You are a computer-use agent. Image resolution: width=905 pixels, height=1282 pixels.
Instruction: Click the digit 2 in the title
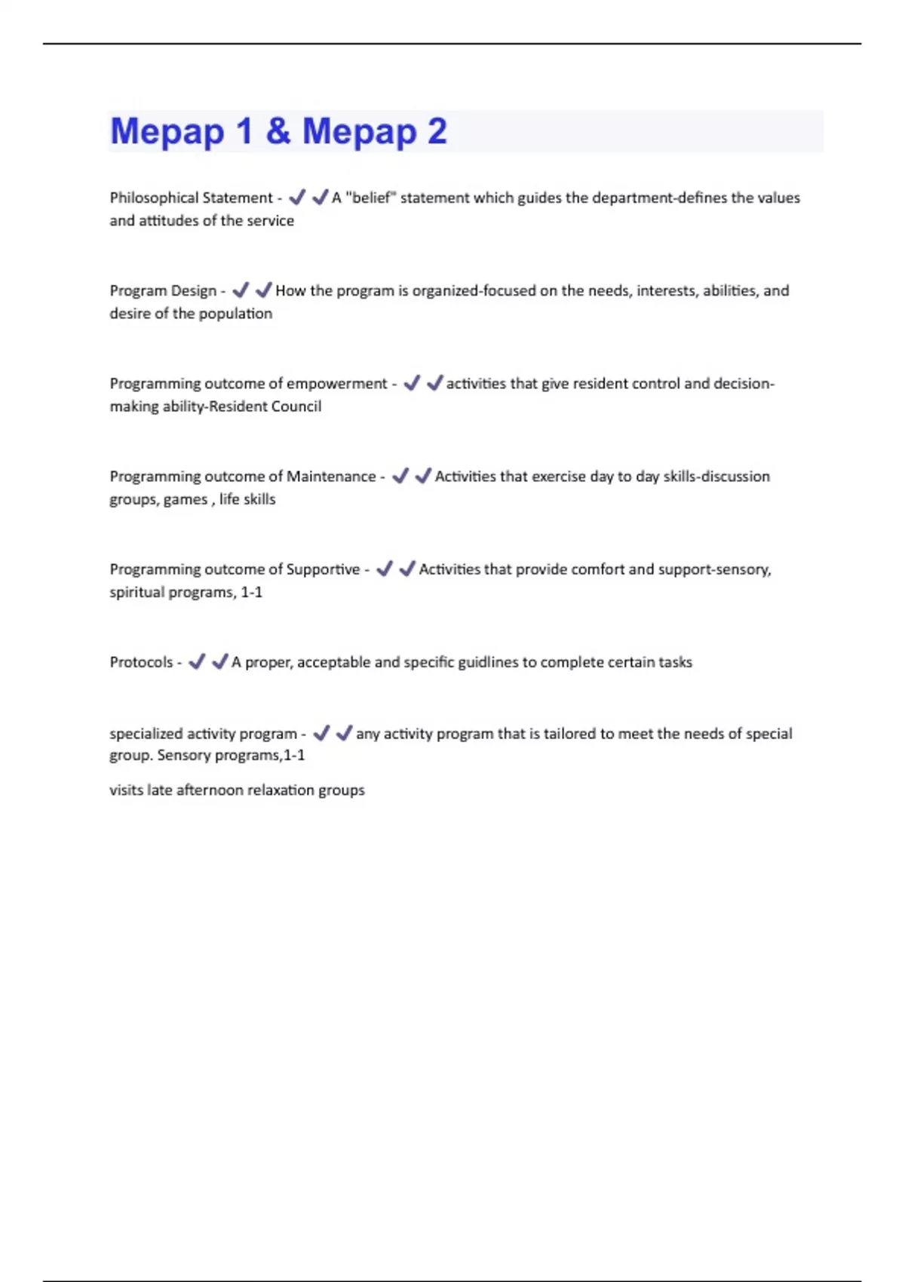coord(437,131)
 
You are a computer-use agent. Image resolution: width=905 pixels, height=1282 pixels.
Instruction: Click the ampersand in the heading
coord(278,131)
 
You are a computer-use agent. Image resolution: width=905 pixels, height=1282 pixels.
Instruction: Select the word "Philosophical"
coord(149,198)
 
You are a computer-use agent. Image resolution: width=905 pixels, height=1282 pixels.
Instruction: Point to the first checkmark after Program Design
coord(241,290)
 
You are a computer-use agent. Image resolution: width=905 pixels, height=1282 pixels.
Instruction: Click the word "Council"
coord(296,406)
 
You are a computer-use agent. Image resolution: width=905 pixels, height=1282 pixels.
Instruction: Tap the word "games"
coord(186,499)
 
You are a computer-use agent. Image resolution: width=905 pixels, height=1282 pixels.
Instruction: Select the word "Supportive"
coord(323,569)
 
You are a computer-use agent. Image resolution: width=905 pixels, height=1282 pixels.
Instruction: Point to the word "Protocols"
coord(141,662)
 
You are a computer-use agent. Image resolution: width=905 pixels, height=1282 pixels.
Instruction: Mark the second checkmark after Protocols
coord(220,661)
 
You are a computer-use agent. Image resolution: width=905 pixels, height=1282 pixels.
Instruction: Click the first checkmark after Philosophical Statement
coord(297,197)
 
